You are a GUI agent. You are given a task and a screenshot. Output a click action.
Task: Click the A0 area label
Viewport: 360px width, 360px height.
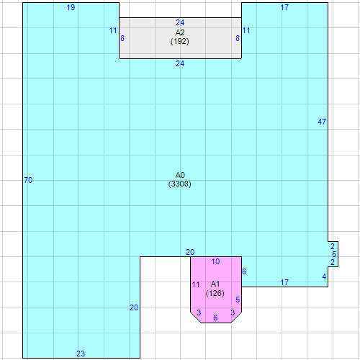pyautogui.click(x=180, y=175)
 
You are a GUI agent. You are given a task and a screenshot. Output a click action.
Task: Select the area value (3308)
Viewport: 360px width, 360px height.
pyautogui.click(x=180, y=184)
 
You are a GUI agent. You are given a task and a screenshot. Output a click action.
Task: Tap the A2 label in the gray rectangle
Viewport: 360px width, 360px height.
pyautogui.click(x=180, y=32)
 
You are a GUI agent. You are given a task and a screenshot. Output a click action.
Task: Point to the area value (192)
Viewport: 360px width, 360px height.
pyautogui.click(x=180, y=41)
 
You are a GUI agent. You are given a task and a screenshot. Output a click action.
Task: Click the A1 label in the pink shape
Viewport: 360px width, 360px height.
pyautogui.click(x=215, y=284)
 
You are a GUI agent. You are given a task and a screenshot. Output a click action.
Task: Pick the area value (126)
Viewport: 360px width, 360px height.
pyautogui.click(x=215, y=293)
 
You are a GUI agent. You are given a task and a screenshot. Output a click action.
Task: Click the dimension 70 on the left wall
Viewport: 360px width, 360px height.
pyautogui.click(x=28, y=180)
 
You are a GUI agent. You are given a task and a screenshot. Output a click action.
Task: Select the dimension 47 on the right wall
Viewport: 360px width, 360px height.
pyautogui.click(x=322, y=122)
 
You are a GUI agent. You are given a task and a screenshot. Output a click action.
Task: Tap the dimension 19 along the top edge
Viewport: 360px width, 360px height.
pyautogui.click(x=71, y=7)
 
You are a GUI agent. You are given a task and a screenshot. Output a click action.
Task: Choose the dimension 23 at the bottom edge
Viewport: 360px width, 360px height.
pyautogui.click(x=81, y=354)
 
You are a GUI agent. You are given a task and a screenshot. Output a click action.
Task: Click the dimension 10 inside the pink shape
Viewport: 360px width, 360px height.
pyautogui.click(x=215, y=261)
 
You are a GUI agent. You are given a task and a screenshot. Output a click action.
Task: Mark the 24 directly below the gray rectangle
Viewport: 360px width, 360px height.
pyautogui.click(x=180, y=63)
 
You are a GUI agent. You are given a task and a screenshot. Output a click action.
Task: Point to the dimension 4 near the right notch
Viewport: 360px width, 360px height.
pyautogui.click(x=324, y=276)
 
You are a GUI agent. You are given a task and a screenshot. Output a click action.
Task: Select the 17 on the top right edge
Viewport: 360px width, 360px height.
pyautogui.click(x=284, y=7)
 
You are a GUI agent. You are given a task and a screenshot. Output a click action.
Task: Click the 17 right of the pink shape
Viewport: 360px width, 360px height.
pyautogui.click(x=284, y=282)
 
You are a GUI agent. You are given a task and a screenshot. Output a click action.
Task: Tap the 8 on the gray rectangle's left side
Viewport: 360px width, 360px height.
pyautogui.click(x=122, y=38)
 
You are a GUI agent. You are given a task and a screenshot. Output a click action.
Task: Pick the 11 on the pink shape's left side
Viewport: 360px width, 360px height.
pyautogui.click(x=196, y=284)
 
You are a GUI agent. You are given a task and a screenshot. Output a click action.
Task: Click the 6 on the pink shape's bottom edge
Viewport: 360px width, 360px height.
pyautogui.click(x=215, y=318)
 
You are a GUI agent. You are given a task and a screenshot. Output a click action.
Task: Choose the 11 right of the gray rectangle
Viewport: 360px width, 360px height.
pyautogui.click(x=246, y=30)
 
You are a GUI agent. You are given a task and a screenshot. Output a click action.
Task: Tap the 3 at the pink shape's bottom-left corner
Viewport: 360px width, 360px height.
pyautogui.click(x=199, y=312)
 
